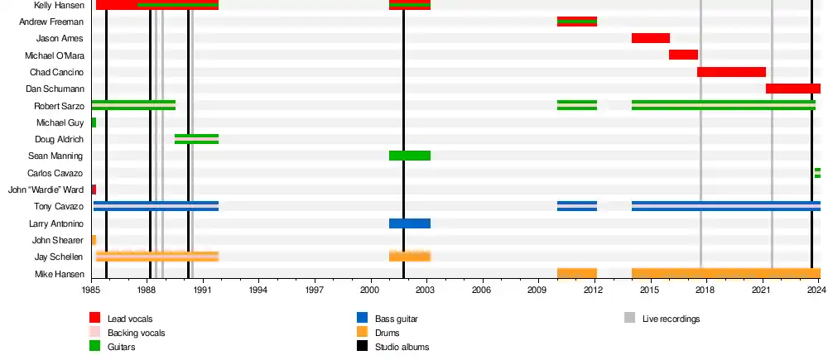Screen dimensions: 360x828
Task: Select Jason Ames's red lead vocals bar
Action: pyautogui.click(x=650, y=38)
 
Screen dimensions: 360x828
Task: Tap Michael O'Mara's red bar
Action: pyautogui.click(x=683, y=55)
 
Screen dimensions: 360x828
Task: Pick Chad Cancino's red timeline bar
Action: pyautogui.click(x=731, y=72)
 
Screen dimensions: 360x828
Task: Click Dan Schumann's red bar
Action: pyautogui.click(x=792, y=89)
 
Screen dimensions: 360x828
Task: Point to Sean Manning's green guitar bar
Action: pyautogui.click(x=410, y=156)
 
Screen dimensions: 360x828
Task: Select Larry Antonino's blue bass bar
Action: pyautogui.click(x=410, y=223)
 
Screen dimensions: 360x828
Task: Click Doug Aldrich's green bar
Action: pyautogui.click(x=196, y=139)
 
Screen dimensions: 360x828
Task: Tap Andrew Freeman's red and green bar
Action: pyautogui.click(x=577, y=22)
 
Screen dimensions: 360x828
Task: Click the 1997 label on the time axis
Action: pyautogui.click(x=314, y=290)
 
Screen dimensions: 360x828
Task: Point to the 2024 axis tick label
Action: pyautogui.click(x=817, y=290)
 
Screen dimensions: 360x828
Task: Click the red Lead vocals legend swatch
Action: pyautogui.click(x=95, y=318)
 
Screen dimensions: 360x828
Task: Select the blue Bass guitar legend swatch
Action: pyautogui.click(x=362, y=318)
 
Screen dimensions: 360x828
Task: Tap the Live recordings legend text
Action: pyautogui.click(x=672, y=319)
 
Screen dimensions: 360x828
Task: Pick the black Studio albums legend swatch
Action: pyautogui.click(x=362, y=347)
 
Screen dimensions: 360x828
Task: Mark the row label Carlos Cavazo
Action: pyautogui.click(x=55, y=173)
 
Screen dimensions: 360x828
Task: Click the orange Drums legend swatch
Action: pyautogui.click(x=362, y=333)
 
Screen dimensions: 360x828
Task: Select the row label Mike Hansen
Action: pyautogui.click(x=59, y=274)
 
